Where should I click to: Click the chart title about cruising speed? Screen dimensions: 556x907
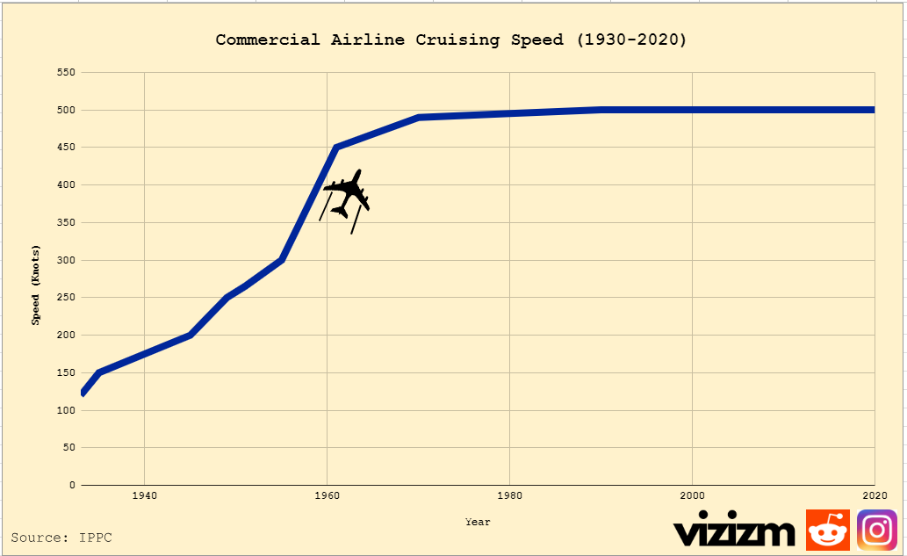tap(451, 40)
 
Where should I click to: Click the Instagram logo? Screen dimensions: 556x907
tap(876, 531)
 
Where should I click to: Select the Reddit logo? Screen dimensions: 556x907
tap(827, 531)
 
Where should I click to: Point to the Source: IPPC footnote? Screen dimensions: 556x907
tap(61, 537)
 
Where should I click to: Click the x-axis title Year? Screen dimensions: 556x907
tap(478, 522)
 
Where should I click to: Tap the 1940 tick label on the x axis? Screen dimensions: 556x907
tap(144, 496)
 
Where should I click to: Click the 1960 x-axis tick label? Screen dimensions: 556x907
tap(327, 496)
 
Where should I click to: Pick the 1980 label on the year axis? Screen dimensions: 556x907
tap(509, 496)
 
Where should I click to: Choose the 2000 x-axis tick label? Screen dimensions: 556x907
tap(692, 496)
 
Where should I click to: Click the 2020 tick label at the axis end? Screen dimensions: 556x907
tap(874, 496)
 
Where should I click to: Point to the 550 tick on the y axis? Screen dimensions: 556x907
tap(67, 72)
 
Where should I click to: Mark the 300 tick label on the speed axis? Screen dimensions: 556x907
tap(67, 260)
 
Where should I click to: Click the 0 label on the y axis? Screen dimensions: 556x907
tap(73, 485)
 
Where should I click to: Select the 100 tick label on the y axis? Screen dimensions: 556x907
tap(67, 410)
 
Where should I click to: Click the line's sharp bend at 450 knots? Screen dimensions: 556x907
tap(335, 147)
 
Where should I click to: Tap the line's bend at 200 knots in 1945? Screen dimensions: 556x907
tap(190, 335)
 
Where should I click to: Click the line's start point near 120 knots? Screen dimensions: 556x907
tap(83, 393)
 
